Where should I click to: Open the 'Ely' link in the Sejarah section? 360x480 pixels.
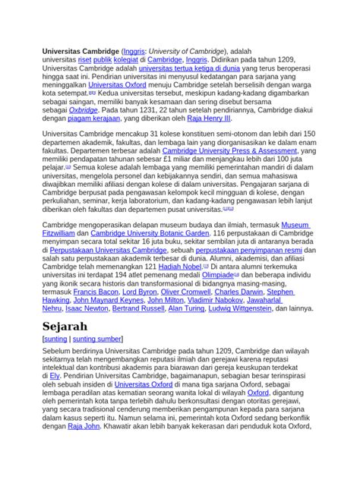(x=54, y=375)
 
